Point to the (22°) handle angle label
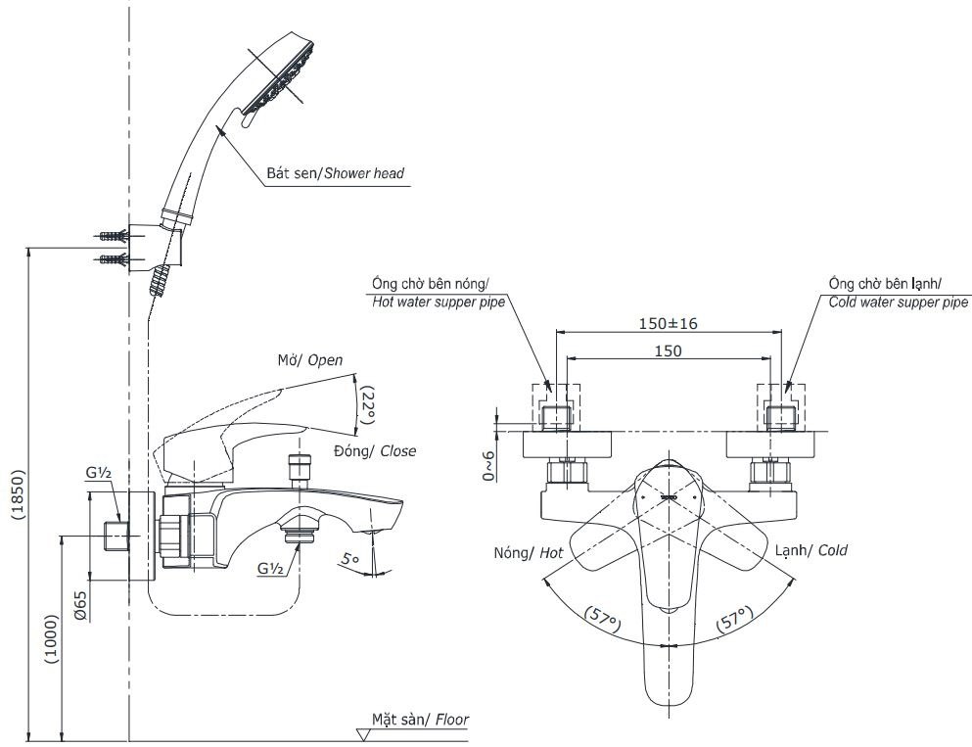pos(368,403)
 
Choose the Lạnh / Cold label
pos(810,550)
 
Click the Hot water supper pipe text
pos(439,303)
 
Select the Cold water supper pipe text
pos(898,303)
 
